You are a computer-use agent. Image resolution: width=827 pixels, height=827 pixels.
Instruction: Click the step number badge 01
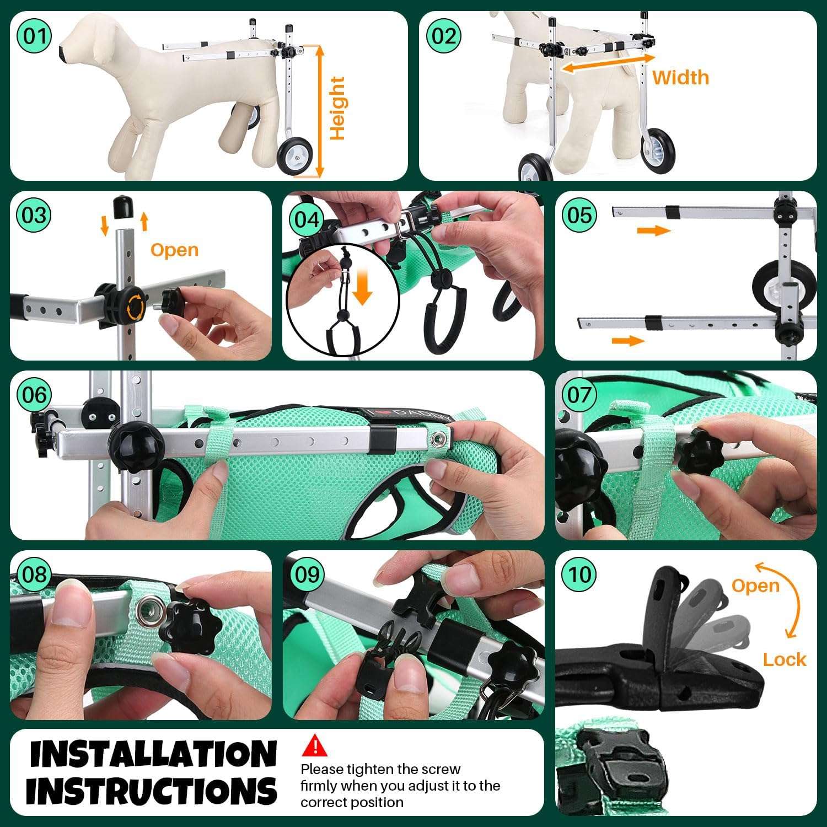click(x=34, y=36)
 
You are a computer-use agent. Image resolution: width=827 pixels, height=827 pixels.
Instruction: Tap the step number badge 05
click(x=579, y=215)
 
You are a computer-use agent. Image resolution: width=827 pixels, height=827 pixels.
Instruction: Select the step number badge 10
click(x=579, y=574)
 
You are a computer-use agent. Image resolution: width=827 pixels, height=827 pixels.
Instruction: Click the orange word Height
click(x=337, y=108)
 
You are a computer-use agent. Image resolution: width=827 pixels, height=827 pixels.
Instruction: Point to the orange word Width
click(x=680, y=78)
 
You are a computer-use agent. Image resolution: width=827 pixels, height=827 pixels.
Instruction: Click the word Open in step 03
click(x=174, y=250)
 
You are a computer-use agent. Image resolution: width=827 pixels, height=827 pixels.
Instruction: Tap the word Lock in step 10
click(x=785, y=659)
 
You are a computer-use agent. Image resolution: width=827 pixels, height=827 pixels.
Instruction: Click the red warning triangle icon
click(x=315, y=745)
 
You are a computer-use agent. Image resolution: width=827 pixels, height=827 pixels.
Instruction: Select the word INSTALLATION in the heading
click(x=153, y=754)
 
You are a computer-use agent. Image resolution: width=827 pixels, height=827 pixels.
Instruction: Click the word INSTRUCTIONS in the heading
click(x=152, y=791)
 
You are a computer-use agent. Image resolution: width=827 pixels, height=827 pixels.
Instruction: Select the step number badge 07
click(x=579, y=395)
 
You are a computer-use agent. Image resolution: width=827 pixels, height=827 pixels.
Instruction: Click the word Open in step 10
click(x=755, y=586)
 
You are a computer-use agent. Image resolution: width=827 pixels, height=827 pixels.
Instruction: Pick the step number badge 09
click(x=307, y=574)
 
